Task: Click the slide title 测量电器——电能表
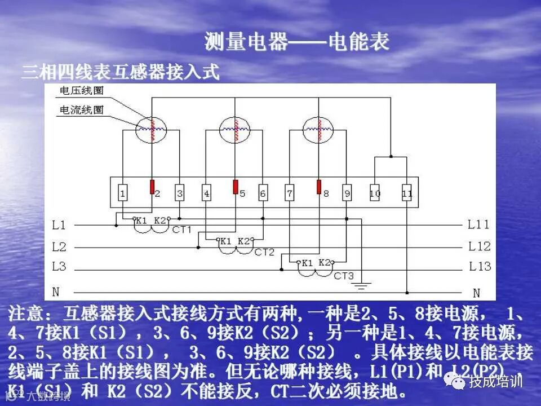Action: [x=297, y=42]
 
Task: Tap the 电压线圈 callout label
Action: [x=82, y=91]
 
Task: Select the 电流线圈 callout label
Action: [x=82, y=110]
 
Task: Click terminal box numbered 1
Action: [x=122, y=193]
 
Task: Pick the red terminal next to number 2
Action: [x=152, y=187]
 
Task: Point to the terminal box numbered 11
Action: [x=407, y=193]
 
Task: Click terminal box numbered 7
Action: [x=290, y=193]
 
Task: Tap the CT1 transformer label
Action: [x=182, y=230]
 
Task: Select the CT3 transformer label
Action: [x=344, y=276]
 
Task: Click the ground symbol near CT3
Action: [x=362, y=286]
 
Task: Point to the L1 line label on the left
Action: [x=59, y=226]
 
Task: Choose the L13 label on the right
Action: [x=479, y=266]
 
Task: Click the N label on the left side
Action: [x=56, y=292]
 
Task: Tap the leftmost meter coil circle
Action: [x=152, y=129]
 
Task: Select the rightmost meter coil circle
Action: [x=318, y=129]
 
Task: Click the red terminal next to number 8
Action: [x=319, y=187]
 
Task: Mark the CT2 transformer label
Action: [x=264, y=252]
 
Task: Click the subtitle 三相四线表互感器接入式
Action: [x=120, y=73]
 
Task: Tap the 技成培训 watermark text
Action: [x=496, y=382]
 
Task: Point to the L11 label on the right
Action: [x=479, y=225]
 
